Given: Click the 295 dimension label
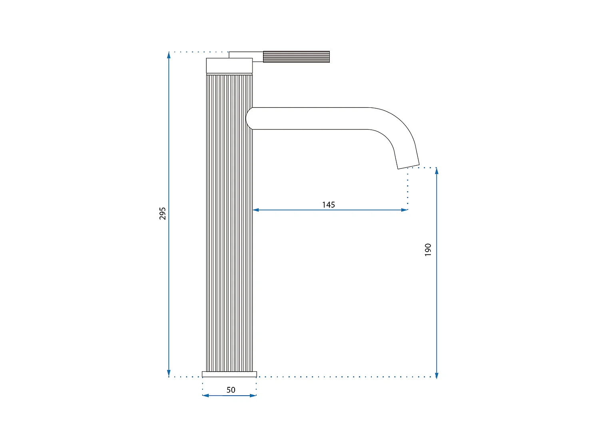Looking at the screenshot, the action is point(162,214).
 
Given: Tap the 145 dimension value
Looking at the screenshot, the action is point(329,205).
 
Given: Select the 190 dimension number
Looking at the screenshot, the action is point(428,250).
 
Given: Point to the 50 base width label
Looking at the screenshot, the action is point(231,390).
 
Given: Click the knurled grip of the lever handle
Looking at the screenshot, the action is point(297,57).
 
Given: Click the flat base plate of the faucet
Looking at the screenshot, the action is point(229,374).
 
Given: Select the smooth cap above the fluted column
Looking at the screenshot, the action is point(229,65).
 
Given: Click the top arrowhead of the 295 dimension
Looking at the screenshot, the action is point(169,55).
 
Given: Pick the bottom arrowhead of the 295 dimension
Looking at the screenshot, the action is point(169,373).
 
